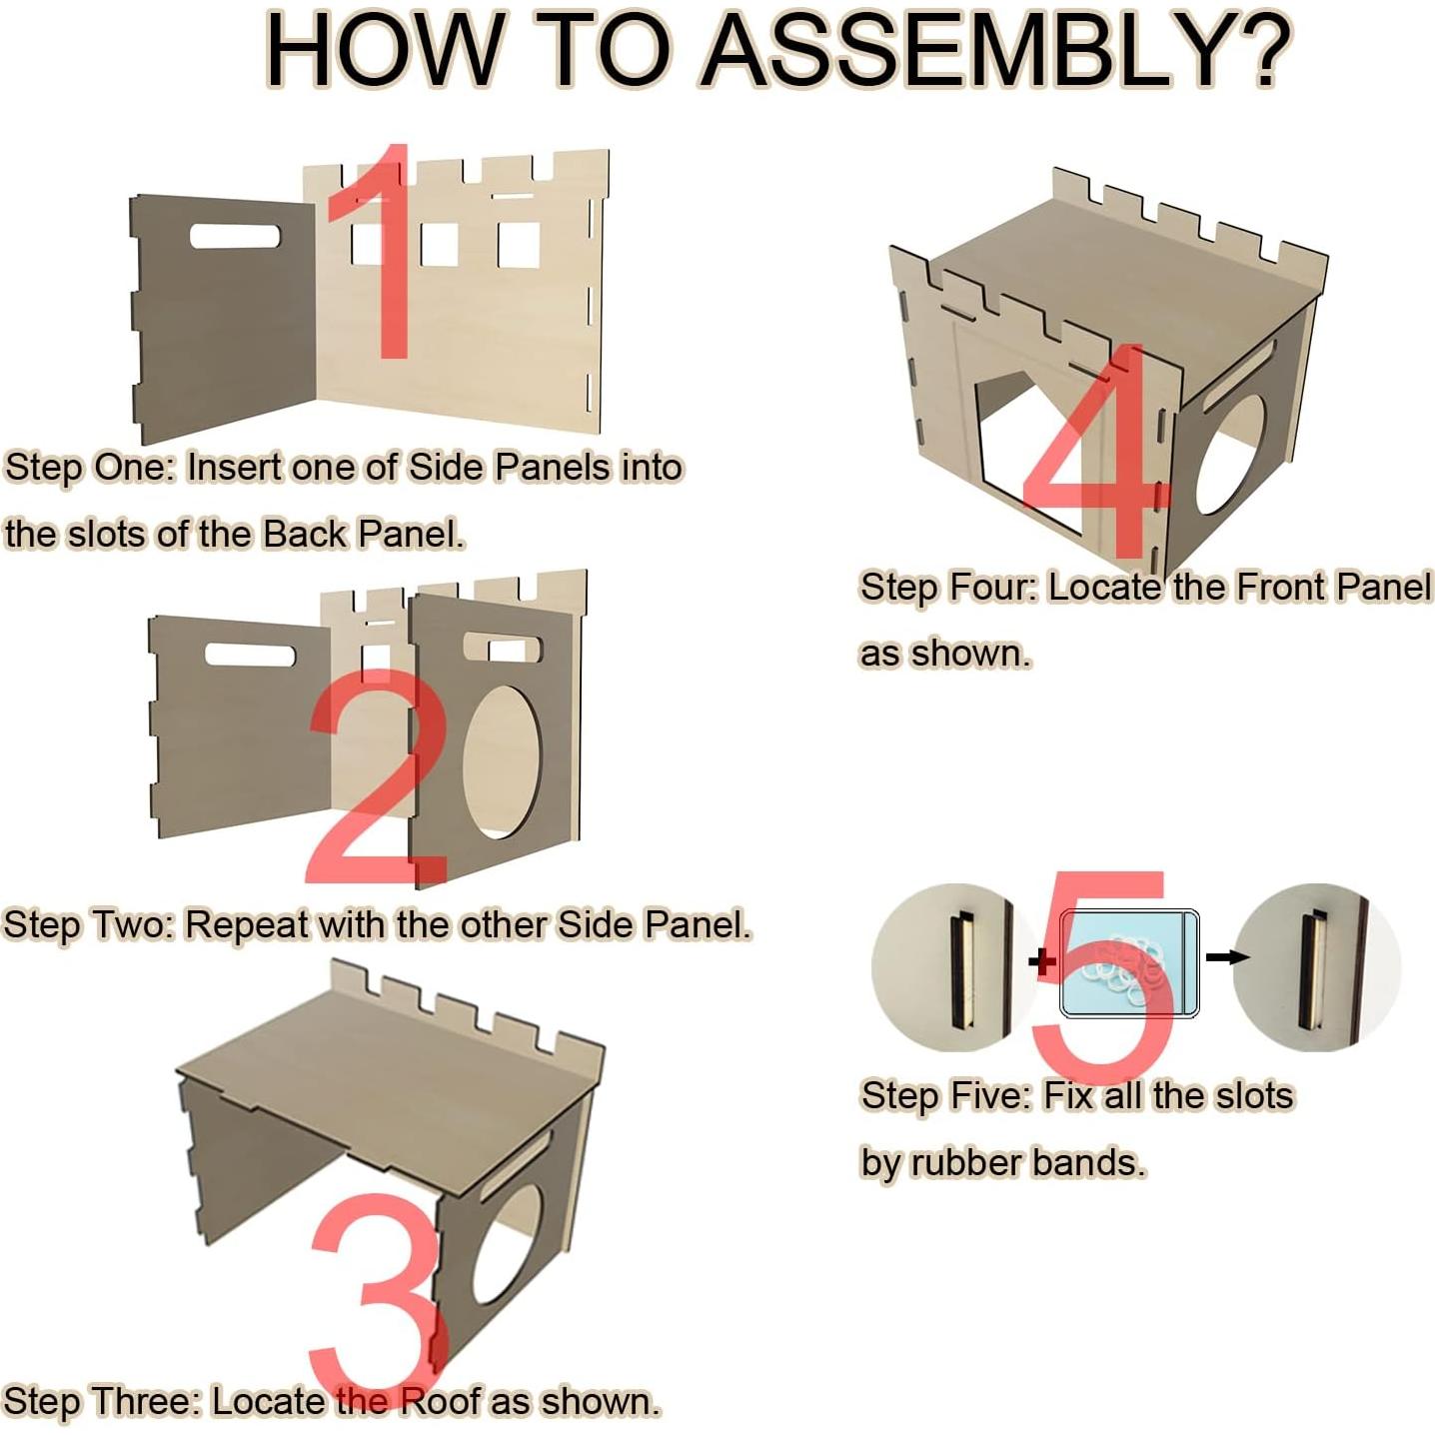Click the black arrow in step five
pyautogui.click(x=1226, y=957)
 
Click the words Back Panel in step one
pyautogui.click(x=363, y=534)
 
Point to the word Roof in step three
pyautogui.click(x=441, y=1401)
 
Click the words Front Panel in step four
pyautogui.click(x=1334, y=587)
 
